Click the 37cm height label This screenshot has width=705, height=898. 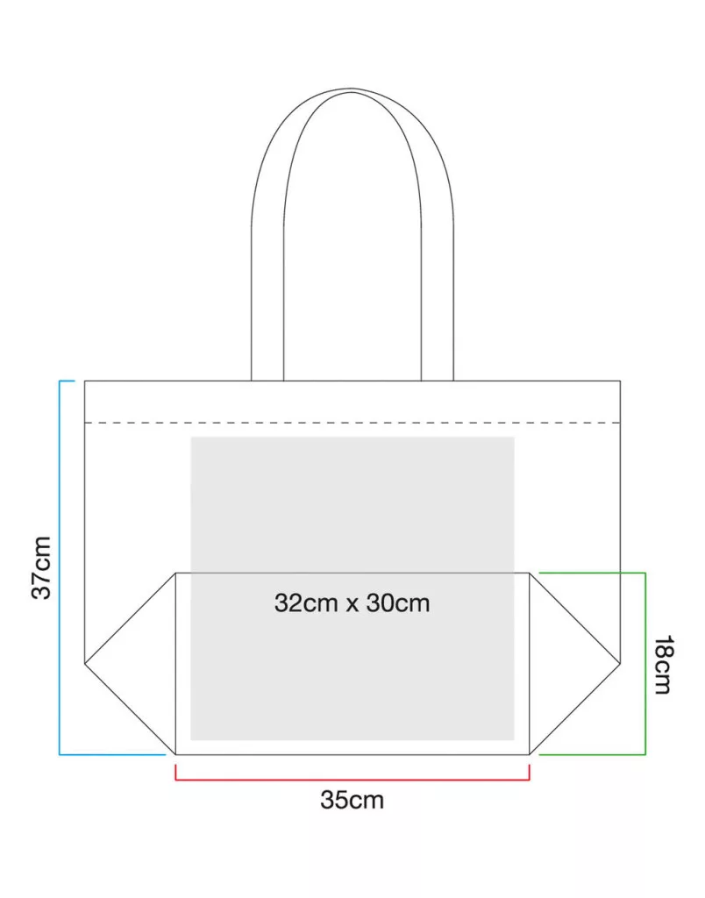pos(42,567)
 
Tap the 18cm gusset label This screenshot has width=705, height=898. pos(663,665)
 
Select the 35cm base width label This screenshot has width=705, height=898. pos(352,800)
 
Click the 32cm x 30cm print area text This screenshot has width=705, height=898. pos(352,603)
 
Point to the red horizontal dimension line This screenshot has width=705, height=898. pos(352,780)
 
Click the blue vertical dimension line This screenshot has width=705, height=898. pos(60,567)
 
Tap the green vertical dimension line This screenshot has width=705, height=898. pos(645,664)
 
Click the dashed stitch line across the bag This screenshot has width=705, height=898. pos(352,423)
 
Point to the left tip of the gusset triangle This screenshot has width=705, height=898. pos(85,664)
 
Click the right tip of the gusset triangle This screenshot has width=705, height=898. pos(620,664)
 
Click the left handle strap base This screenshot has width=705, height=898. pos(267,380)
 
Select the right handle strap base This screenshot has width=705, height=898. pos(438,380)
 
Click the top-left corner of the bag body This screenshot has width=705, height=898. pos(85,381)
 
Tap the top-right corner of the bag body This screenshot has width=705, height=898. pos(620,381)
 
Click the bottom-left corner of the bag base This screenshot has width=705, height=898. pos(175,755)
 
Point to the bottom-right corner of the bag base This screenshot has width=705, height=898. pos(530,755)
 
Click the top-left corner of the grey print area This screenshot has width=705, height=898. pos(190,438)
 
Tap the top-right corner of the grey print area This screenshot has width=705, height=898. pos(515,438)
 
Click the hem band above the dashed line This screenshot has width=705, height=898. pos(352,402)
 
